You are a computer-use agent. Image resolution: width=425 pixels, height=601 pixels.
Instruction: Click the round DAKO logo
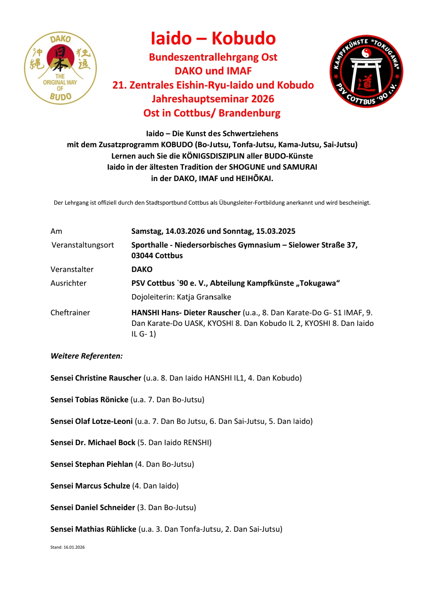pos(60,68)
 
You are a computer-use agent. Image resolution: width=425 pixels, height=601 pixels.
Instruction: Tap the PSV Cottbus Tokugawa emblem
pos(366,71)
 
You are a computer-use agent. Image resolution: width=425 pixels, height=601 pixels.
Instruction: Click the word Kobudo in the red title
pos(244,38)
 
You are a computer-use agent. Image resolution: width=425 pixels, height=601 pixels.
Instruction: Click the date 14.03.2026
pos(185,231)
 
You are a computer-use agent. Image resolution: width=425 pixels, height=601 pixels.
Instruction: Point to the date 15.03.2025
pos(275,231)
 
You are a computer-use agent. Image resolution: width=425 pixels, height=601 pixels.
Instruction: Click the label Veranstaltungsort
pos(83,245)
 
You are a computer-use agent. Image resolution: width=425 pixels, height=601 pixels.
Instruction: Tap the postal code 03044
pos(144,255)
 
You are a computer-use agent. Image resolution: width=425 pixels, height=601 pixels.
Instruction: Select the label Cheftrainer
pos(70,313)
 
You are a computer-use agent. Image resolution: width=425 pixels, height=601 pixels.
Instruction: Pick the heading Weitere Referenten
pos(87,356)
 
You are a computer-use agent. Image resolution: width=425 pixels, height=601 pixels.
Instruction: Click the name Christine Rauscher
pos(108,378)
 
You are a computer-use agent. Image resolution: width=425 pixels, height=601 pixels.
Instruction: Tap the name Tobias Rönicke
pos(102,399)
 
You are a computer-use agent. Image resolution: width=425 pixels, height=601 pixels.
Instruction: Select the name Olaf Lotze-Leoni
pos(104,421)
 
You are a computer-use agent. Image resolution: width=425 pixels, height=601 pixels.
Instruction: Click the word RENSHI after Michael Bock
pos(196,442)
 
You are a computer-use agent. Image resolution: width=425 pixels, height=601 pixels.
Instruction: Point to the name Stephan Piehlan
pos(104,464)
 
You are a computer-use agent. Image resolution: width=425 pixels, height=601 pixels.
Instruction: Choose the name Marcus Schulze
pos(102,486)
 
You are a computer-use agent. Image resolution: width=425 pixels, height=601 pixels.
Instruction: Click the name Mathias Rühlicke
pos(105,529)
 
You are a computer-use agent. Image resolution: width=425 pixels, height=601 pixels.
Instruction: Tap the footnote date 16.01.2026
pos(74,547)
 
